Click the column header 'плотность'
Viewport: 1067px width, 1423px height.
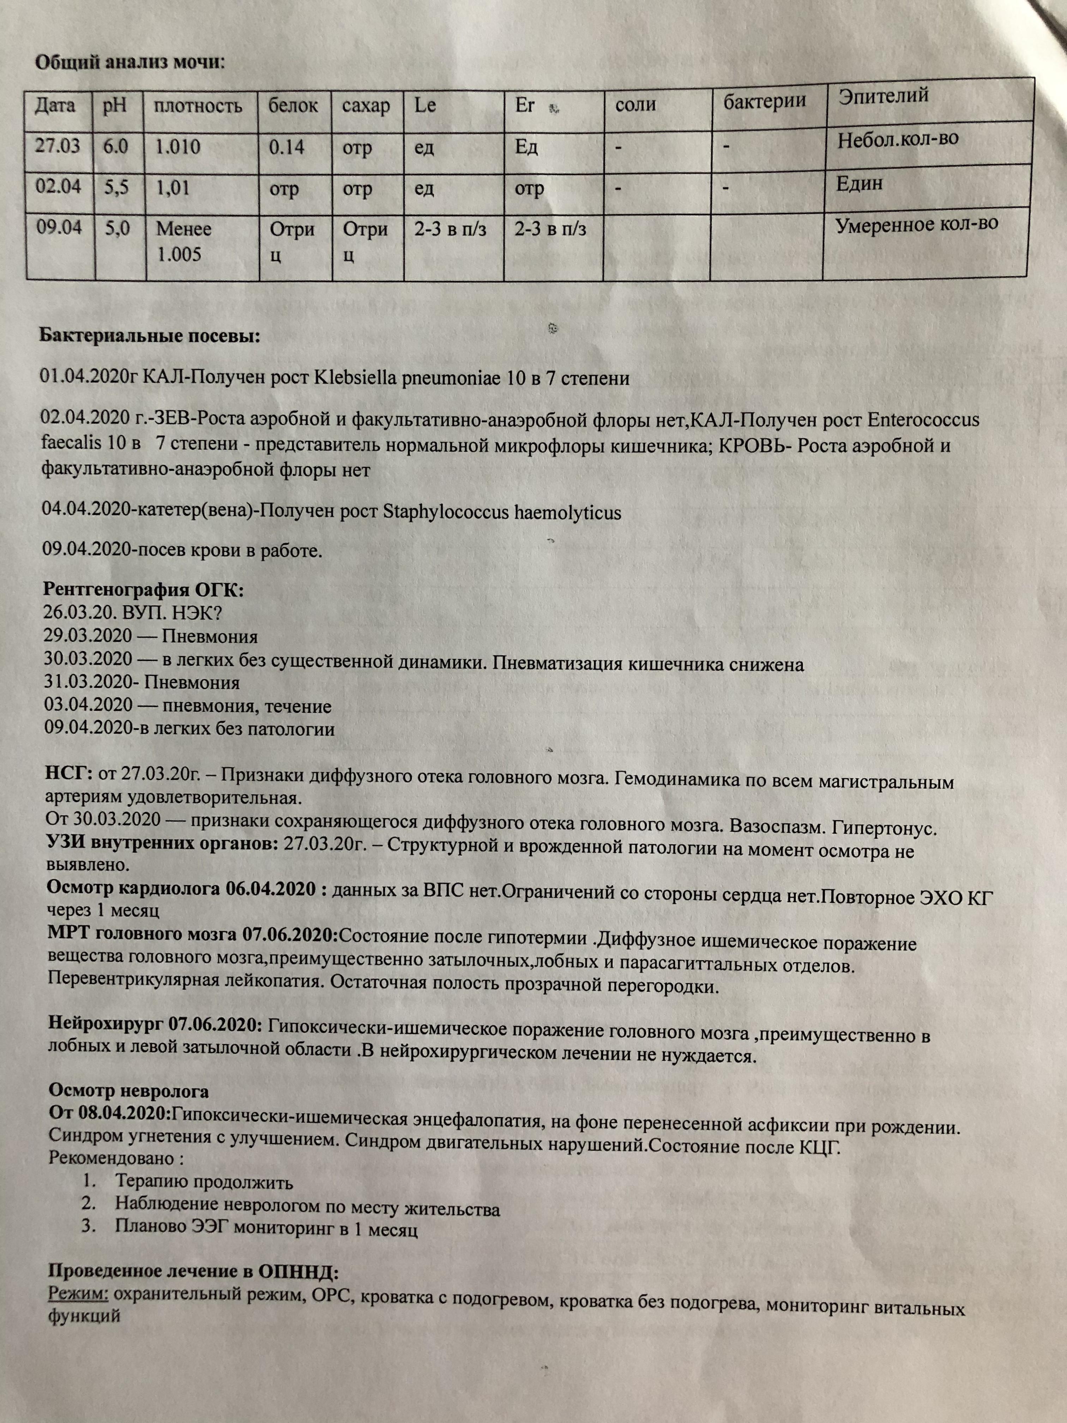click(x=198, y=106)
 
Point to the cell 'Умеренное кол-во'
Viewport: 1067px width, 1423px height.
click(x=916, y=225)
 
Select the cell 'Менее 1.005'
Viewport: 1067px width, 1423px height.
click(x=183, y=241)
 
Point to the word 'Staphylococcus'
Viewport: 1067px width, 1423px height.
click(x=445, y=513)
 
